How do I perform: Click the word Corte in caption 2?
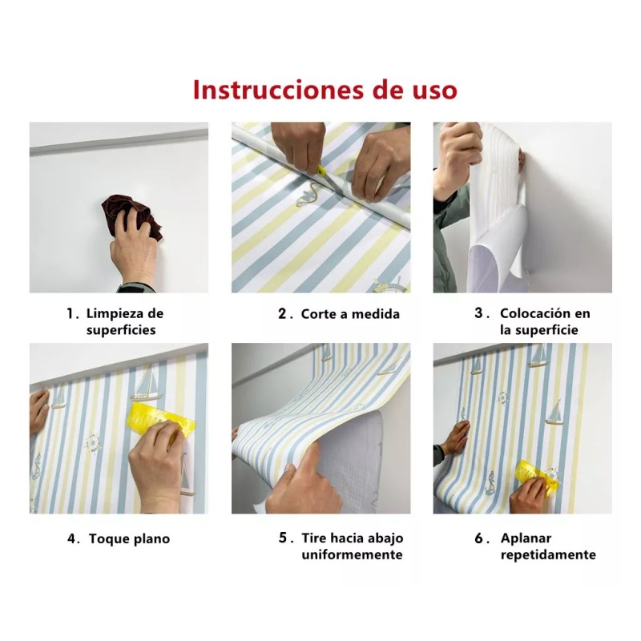[318, 314]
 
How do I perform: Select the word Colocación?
[534, 314]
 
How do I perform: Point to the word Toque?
[110, 539]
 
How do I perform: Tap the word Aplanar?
[526, 538]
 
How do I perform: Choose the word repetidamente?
[548, 555]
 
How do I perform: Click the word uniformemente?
[352, 555]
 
